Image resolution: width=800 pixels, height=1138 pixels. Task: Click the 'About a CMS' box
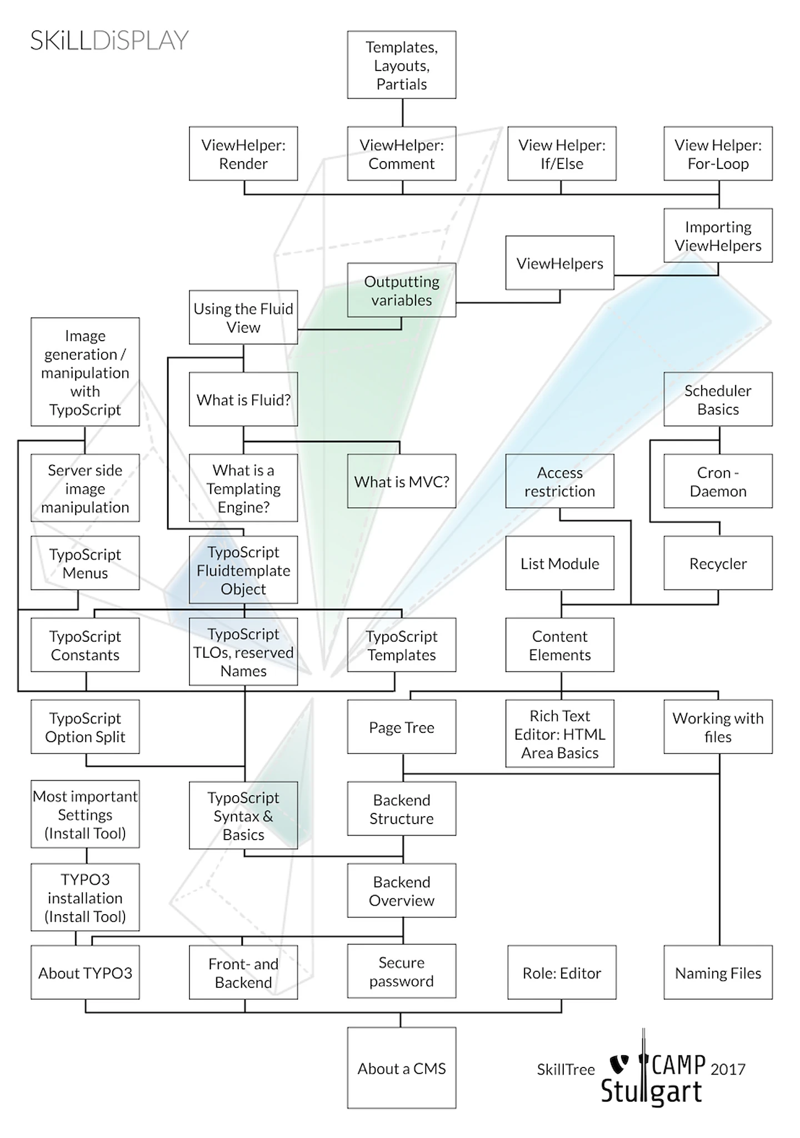pyautogui.click(x=401, y=1067)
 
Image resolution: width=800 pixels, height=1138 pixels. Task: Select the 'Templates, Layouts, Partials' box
pyautogui.click(x=401, y=65)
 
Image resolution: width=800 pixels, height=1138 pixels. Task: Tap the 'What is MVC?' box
pyautogui.click(x=401, y=481)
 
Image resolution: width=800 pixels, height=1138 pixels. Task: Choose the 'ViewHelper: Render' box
pyautogui.click(x=243, y=154)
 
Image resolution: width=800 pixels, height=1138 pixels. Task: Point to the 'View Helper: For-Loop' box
pyautogui.click(x=717, y=154)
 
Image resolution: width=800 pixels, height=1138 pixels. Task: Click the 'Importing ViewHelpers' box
pyautogui.click(x=717, y=236)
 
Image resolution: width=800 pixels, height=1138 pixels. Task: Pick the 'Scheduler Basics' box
pyautogui.click(x=717, y=400)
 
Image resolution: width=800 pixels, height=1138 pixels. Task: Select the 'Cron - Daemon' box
pyautogui.click(x=717, y=481)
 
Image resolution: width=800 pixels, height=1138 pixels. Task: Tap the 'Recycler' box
pyautogui.click(x=717, y=563)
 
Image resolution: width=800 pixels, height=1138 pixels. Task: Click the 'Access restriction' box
pyautogui.click(x=559, y=481)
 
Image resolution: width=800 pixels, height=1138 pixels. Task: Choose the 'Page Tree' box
pyautogui.click(x=401, y=727)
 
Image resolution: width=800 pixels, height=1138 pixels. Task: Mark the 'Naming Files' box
pyautogui.click(x=717, y=972)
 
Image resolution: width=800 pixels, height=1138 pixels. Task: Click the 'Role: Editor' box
pyautogui.click(x=561, y=972)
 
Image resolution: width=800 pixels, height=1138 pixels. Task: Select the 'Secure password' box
pyautogui.click(x=401, y=971)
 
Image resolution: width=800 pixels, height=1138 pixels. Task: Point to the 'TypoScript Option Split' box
pyautogui.click(x=85, y=727)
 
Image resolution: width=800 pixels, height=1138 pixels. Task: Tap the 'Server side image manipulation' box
pyautogui.click(x=85, y=488)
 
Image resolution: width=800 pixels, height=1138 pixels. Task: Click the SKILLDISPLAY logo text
pyautogui.click(x=109, y=41)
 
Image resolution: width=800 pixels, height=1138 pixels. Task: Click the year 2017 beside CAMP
pyautogui.click(x=727, y=1069)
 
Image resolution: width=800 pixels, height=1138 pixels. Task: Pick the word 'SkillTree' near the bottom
pyautogui.click(x=565, y=1069)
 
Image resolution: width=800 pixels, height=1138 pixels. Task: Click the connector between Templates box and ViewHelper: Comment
pyautogui.click(x=402, y=112)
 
